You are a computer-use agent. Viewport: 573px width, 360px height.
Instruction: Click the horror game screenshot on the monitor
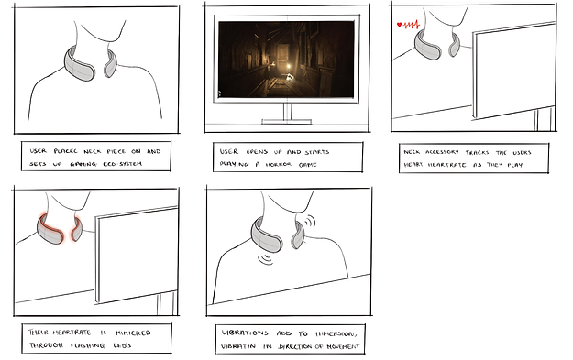pos(285,59)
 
